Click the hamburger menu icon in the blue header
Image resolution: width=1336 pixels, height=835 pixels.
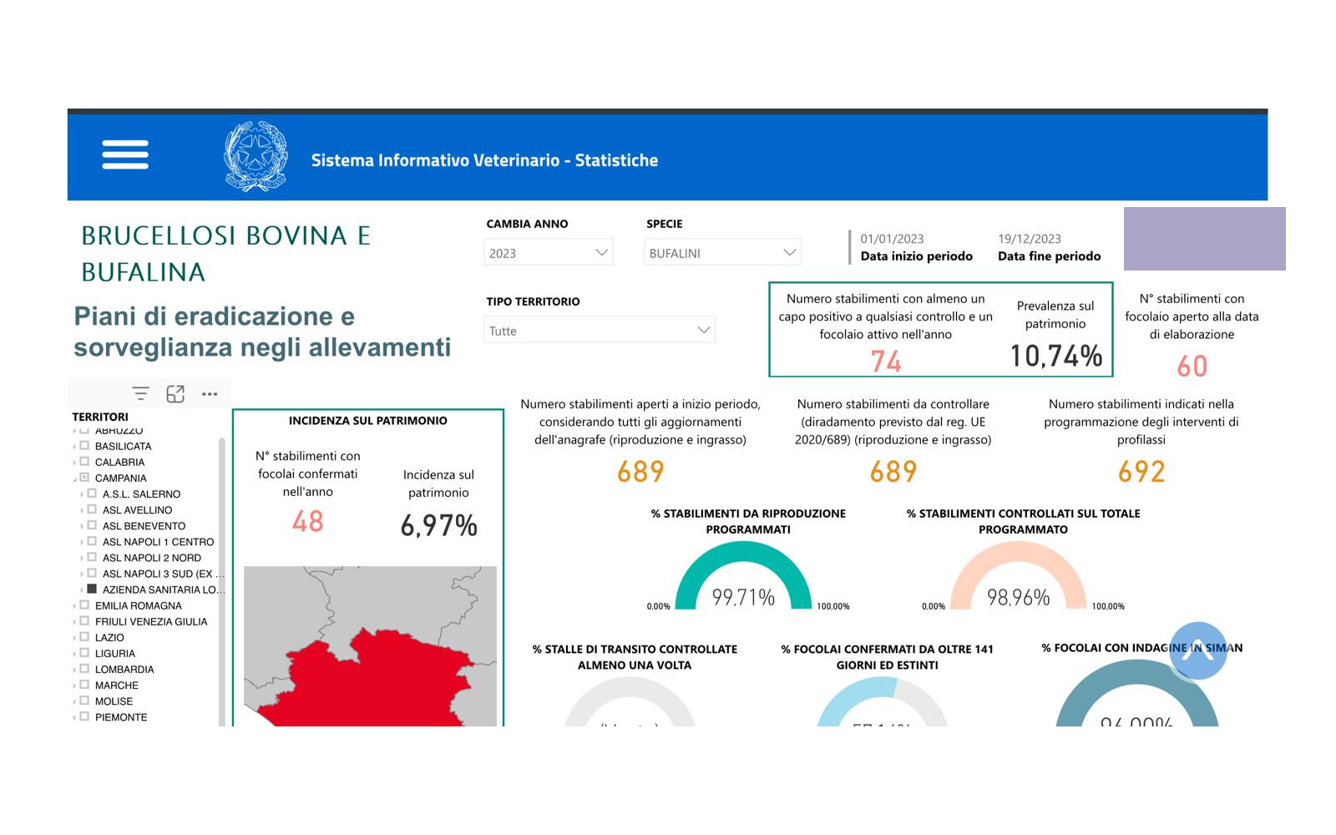click(125, 154)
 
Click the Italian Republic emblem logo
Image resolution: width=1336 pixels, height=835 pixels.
click(256, 156)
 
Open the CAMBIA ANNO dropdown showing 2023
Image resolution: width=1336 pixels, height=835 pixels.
click(548, 253)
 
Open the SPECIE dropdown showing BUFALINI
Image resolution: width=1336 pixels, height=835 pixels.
click(721, 253)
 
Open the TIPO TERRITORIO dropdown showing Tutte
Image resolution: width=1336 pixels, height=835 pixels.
click(599, 331)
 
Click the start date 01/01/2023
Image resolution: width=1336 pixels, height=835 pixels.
click(892, 239)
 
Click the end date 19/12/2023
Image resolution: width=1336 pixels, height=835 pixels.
click(1029, 239)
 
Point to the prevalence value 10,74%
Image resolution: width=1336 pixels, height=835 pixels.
click(1055, 357)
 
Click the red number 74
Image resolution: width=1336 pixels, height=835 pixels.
click(886, 362)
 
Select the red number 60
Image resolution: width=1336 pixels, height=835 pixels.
click(1192, 367)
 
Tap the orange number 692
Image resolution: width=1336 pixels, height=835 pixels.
click(1141, 472)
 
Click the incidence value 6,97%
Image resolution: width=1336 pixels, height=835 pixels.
click(438, 525)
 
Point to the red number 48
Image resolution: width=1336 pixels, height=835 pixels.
click(307, 522)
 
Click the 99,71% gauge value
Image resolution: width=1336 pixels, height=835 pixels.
click(743, 597)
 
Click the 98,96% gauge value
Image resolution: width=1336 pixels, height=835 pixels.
click(1018, 597)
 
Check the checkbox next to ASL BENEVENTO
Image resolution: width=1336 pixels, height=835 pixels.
click(92, 525)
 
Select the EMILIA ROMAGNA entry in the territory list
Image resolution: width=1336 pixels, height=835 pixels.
click(138, 605)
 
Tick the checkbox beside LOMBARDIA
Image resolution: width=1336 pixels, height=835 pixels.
click(84, 669)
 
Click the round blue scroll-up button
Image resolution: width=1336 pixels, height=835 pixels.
click(1197, 650)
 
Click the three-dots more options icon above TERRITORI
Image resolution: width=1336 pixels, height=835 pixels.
click(210, 394)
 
